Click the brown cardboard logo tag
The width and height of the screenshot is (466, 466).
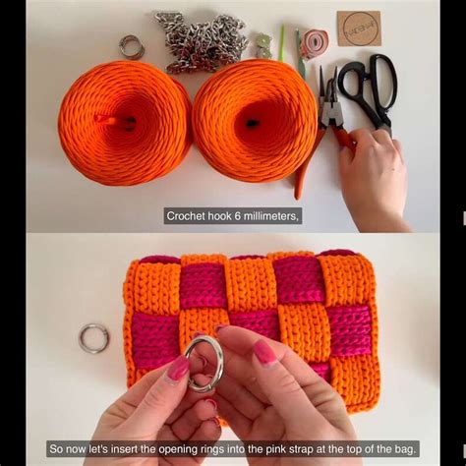(358, 29)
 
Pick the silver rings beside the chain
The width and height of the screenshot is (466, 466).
(132, 46)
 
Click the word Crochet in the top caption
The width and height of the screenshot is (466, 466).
(188, 216)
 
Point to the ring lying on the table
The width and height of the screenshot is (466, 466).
(93, 337)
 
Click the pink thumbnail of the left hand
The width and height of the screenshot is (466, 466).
(178, 369)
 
